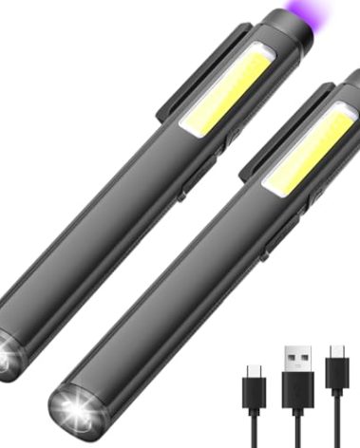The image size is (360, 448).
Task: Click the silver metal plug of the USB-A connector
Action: [x=297, y=360]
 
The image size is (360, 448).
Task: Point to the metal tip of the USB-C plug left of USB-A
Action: [x=255, y=369]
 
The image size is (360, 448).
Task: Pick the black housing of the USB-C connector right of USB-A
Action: [x=337, y=372]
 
